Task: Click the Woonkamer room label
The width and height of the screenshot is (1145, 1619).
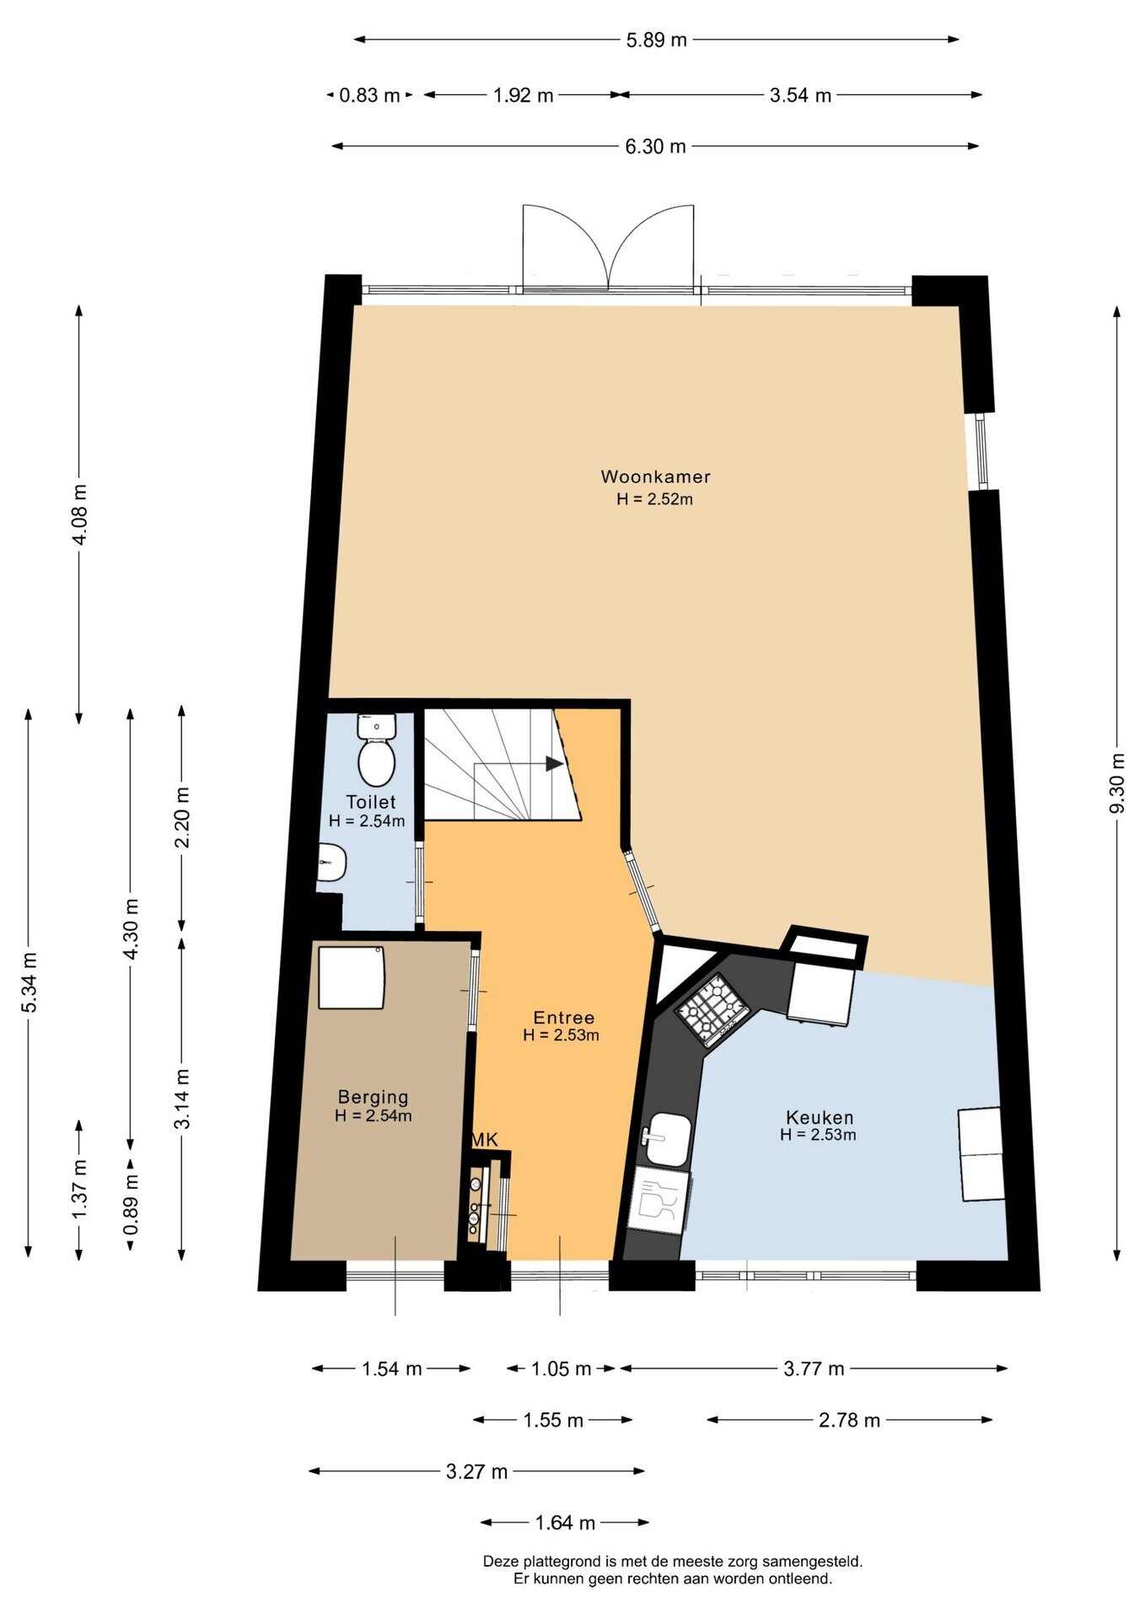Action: tap(655, 476)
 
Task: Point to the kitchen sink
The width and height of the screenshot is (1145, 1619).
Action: tap(667, 1139)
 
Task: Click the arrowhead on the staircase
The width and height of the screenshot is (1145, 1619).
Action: tap(554, 763)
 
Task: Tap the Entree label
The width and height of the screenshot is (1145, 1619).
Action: tap(563, 1018)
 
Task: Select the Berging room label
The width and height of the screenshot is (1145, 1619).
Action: tap(373, 1097)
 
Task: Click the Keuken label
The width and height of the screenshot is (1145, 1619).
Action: tap(819, 1117)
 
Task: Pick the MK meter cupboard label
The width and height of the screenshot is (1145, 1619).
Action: tap(484, 1140)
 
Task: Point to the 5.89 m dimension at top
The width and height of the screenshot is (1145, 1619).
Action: tap(656, 40)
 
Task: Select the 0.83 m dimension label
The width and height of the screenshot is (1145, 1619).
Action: tap(369, 95)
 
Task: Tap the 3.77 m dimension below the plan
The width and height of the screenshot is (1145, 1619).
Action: tap(814, 1369)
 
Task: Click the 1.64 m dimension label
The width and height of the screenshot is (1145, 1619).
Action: tap(565, 1523)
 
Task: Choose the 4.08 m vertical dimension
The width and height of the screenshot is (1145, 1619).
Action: tap(80, 514)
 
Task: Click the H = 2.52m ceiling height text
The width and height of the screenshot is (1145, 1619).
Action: tap(654, 499)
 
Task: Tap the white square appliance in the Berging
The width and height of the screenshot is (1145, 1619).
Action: tap(352, 977)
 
